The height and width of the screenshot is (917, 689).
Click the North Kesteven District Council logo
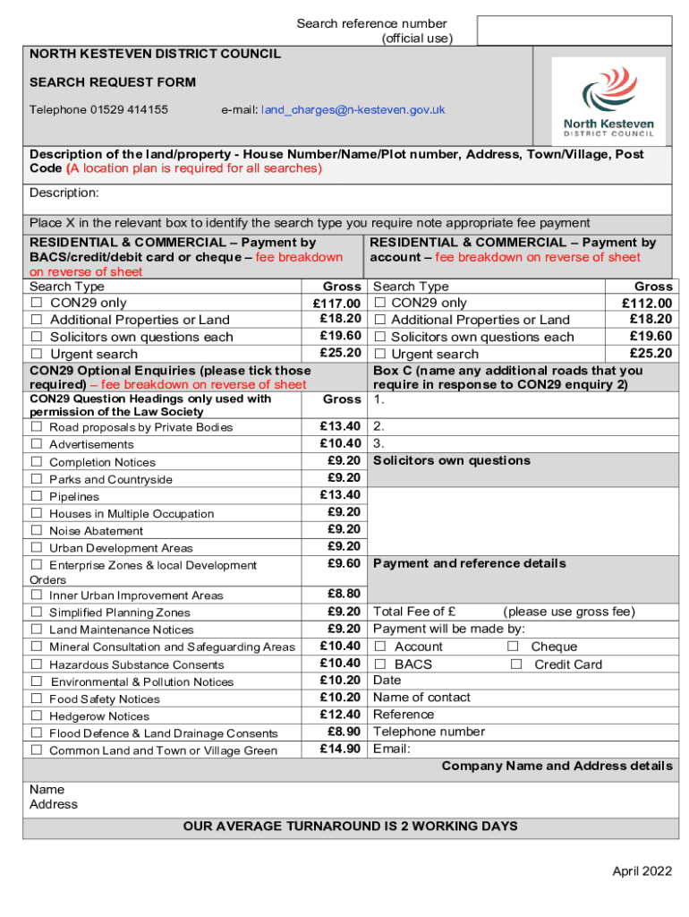[x=608, y=101]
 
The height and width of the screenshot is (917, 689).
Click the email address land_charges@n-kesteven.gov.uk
[x=353, y=110]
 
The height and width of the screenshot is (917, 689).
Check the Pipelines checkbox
[x=37, y=496]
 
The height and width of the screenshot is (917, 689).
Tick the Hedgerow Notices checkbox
[x=37, y=716]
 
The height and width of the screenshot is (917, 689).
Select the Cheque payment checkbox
[x=513, y=647]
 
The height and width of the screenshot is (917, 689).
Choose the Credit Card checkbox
[x=515, y=664]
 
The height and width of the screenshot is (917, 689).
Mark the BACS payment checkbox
[x=380, y=664]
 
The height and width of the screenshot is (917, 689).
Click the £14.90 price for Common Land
[x=340, y=749]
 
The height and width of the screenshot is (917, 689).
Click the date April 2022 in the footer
[x=642, y=871]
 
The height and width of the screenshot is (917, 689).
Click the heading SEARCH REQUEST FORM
[x=113, y=82]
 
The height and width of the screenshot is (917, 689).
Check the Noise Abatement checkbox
[x=37, y=530]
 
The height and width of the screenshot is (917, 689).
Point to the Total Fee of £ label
[x=414, y=612]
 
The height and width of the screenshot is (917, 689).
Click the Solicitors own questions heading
[x=451, y=460]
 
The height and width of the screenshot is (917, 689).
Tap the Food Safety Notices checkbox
[x=37, y=698]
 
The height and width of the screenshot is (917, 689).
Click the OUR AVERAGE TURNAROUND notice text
[x=350, y=826]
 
